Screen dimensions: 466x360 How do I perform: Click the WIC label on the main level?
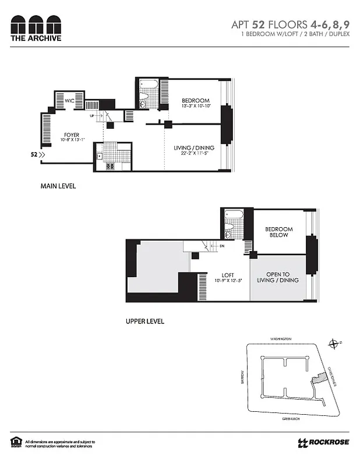coord(69,101)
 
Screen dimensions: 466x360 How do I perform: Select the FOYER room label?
coord(72,135)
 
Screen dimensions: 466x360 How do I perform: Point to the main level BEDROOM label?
coord(195,101)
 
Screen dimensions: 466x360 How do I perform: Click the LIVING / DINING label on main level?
coord(192,148)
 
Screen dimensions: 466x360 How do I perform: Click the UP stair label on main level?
coord(92,116)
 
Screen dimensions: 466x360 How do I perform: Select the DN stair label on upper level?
coord(221,246)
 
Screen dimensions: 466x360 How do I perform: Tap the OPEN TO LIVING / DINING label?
coord(282,277)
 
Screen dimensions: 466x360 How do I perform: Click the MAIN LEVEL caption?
coord(58,186)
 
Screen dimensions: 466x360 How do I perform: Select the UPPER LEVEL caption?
coord(145,321)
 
